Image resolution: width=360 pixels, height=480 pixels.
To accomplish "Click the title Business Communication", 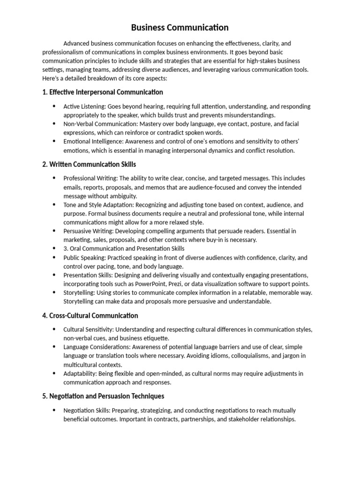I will pos(180,28).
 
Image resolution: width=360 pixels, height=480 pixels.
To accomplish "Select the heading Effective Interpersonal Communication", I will pos(103,92).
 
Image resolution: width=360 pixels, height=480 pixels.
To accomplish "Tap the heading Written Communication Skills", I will pos(89,165).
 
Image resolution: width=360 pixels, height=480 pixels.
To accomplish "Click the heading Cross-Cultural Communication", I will pos(90,315).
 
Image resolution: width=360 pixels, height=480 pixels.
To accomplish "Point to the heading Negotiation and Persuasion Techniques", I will pos(103,396).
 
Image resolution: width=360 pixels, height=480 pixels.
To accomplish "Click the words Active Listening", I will pos(82,106).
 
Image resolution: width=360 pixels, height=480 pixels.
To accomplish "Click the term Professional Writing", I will pos(90,178).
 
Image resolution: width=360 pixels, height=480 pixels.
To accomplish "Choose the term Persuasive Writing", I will pos(87,231).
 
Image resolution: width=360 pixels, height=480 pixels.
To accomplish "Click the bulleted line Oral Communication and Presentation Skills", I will pos(124,248).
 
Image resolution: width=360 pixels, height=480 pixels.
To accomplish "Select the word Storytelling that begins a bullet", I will pos(79,292).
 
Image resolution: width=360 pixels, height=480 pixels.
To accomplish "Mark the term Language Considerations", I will pos(97,347).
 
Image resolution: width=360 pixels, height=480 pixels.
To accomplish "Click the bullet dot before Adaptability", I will pos(54,374).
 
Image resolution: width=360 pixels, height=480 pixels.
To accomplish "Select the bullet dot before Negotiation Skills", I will pos(54,410).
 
